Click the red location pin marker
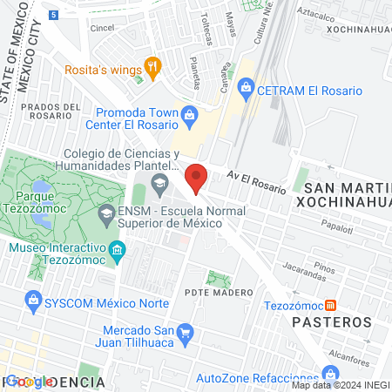click(197, 178)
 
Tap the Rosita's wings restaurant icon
click(152, 64)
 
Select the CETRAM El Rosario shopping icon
click(247, 87)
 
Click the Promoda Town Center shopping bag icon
click(189, 113)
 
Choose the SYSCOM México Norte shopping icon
click(33, 301)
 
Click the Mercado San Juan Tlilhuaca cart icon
click(184, 332)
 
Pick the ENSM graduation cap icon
click(105, 213)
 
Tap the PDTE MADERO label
click(219, 292)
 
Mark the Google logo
click(28, 382)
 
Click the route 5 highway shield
click(54, 15)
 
